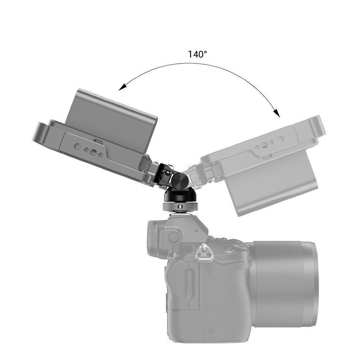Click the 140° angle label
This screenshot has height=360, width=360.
click(197, 54)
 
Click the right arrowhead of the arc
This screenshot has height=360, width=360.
click(275, 112)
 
